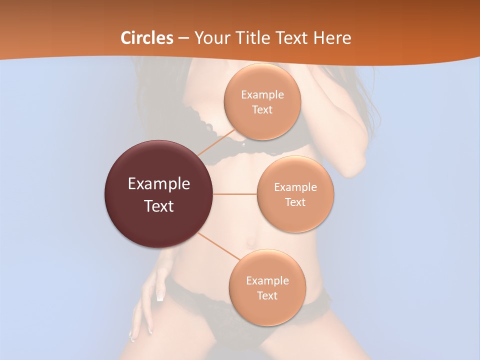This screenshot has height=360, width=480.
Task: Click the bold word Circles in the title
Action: [x=147, y=38]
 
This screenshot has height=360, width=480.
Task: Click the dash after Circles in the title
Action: [x=183, y=38]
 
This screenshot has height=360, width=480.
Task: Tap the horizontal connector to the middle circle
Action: [x=234, y=194]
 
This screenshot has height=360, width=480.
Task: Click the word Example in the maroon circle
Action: [x=159, y=184]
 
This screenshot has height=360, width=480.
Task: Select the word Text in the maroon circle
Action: [x=159, y=206]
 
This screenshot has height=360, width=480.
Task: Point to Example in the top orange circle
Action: [x=262, y=95]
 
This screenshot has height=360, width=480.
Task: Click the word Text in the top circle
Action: [x=262, y=110]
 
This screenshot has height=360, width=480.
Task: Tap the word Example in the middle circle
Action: [x=295, y=187]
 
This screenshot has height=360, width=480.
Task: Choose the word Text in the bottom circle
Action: [x=267, y=296]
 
